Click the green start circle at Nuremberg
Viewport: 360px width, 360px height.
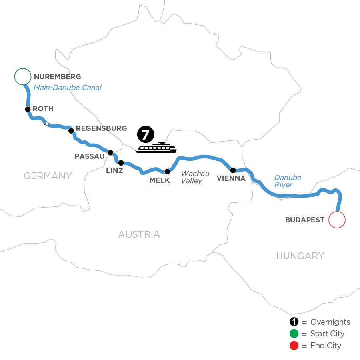tap(22, 76)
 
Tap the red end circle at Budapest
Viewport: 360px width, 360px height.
tap(336, 220)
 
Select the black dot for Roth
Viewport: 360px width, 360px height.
tap(28, 109)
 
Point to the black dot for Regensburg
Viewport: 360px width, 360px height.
tap(71, 130)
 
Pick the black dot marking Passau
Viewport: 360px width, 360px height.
tap(110, 152)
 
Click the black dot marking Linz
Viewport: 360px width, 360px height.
tap(121, 162)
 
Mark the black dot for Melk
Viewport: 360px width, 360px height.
tap(167, 171)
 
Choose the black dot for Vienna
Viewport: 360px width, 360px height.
tap(233, 170)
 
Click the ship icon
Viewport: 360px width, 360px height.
tap(156, 148)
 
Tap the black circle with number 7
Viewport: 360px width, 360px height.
tap(146, 135)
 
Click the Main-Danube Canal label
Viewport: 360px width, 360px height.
tap(68, 87)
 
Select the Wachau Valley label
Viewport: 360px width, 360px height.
tap(195, 177)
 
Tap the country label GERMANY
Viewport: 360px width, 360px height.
tap(48, 176)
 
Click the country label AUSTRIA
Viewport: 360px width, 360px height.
tap(139, 234)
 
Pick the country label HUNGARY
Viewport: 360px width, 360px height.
tap(300, 256)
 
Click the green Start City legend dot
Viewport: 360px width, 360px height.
tap(294, 334)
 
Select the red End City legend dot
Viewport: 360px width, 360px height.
tap(294, 346)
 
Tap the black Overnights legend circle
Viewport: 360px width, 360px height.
tap(294, 322)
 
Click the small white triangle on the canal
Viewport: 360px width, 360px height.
tap(47, 123)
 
